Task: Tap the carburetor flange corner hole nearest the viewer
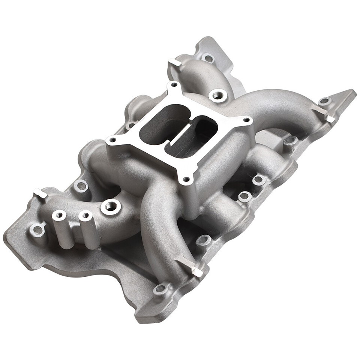click(x=185, y=180)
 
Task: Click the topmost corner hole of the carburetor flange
click(x=174, y=85)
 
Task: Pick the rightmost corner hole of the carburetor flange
click(x=246, y=120)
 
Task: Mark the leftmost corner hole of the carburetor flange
click(x=112, y=140)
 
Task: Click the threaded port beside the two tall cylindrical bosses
click(x=111, y=206)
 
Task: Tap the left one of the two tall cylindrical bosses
click(x=59, y=215)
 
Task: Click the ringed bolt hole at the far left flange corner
click(x=38, y=229)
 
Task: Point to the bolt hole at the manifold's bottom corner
click(x=162, y=288)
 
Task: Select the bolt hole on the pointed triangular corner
click(x=325, y=101)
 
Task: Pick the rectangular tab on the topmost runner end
click(x=175, y=63)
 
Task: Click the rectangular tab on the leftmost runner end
click(x=40, y=194)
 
